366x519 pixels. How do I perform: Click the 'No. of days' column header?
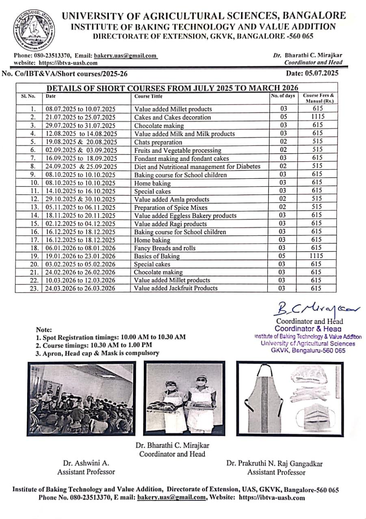click(283, 96)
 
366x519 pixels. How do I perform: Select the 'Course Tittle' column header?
click(148, 97)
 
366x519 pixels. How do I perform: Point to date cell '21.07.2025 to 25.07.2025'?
click(81, 117)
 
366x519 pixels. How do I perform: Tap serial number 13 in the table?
click(35, 207)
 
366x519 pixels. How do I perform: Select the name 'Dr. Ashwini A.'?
click(86, 463)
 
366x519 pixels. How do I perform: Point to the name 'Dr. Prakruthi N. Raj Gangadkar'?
click(274, 463)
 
